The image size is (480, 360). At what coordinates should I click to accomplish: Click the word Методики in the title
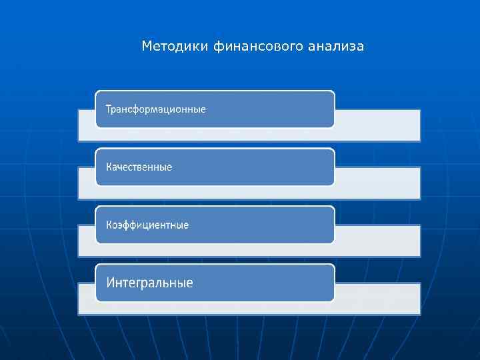[176, 47]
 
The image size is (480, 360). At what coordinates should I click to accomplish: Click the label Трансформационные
[156, 109]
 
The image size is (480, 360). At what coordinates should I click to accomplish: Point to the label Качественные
[139, 167]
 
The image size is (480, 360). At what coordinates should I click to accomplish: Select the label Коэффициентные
[147, 225]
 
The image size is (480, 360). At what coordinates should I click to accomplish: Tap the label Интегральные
[150, 283]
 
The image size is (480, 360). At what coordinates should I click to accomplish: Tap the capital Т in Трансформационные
[109, 109]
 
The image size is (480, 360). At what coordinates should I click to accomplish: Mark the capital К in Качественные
[109, 167]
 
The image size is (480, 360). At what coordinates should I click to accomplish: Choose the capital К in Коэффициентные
[109, 225]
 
